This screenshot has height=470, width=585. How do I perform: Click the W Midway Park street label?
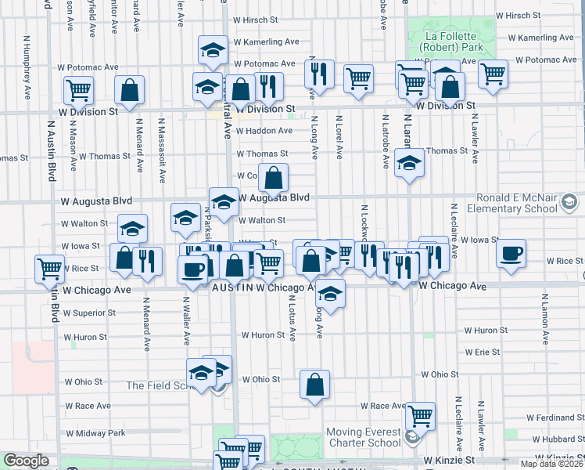pos(95,433)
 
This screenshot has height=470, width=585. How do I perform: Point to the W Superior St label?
pos(91,313)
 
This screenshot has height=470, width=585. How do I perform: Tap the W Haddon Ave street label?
pos(264,131)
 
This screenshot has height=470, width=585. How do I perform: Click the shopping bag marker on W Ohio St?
pos(314,385)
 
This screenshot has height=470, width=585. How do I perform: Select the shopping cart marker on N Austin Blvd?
pos(50,269)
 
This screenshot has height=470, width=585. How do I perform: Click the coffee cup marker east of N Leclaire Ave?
pos(511,254)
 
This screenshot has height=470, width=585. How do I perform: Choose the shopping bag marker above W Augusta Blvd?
pos(274,178)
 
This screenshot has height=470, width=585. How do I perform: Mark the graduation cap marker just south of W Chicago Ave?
pos(331,294)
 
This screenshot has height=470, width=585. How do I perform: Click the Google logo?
pos(26,461)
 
